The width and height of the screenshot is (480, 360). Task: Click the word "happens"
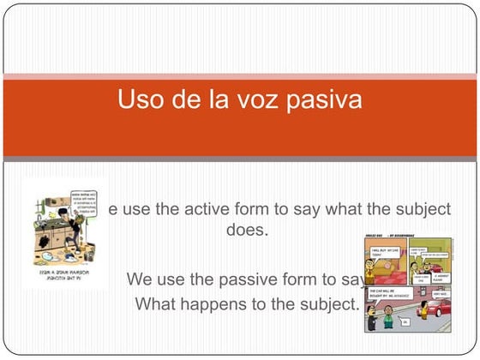pos(209,303)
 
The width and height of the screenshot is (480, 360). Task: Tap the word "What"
pos(154,303)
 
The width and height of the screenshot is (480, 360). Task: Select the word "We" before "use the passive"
pos(140,279)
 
